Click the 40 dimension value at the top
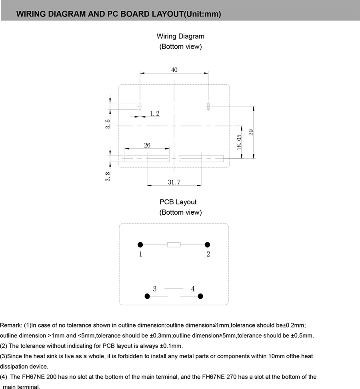174,70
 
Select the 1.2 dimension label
155,114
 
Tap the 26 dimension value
147,145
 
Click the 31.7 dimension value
174,182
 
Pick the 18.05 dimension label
239,142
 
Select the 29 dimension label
251,132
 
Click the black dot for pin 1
140,245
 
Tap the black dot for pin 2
207,245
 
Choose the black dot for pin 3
147,296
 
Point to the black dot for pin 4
201,296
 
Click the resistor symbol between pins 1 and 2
174,245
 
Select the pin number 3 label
155,289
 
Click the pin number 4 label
193,289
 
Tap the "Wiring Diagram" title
180,36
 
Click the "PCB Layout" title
178,202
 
